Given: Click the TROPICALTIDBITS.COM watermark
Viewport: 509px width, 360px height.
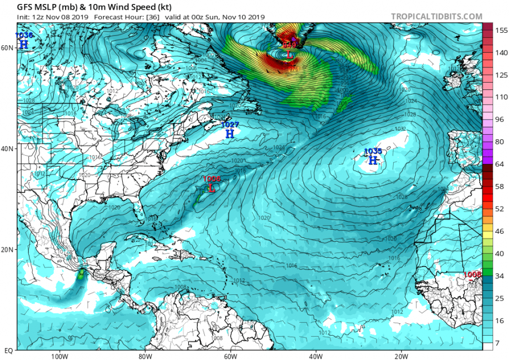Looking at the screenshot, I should pos(436,17).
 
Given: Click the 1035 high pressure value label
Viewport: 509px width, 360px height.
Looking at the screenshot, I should pos(373,151).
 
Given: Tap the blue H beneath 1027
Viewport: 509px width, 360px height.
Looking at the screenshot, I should pos(230,134).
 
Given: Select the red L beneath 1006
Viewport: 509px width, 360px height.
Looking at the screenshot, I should pos(212,188).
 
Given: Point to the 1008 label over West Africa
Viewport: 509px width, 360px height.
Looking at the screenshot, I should pos(472,275).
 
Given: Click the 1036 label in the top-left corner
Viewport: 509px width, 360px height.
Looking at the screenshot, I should pos(24,36).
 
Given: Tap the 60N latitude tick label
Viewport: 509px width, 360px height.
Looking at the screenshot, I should pos(7,48).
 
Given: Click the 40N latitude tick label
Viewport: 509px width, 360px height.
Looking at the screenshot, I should pos(7,148).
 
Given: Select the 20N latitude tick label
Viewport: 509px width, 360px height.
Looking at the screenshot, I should pos(7,249).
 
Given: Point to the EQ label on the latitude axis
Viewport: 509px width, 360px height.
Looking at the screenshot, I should pos(7,350).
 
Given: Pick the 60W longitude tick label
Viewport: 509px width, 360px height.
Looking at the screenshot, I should pos(230,356).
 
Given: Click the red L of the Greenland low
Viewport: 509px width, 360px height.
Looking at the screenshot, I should pos(290,55).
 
